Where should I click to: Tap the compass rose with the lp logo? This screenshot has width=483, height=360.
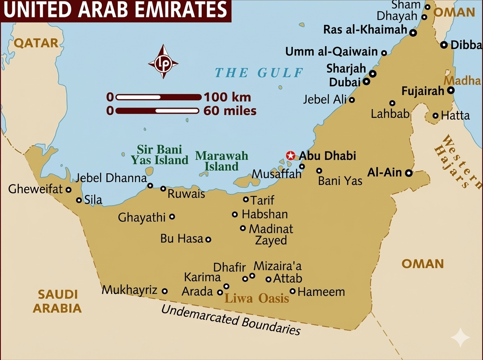[163, 63]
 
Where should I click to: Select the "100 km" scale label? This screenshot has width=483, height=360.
[227, 97]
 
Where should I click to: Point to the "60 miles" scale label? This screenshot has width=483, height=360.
[230, 110]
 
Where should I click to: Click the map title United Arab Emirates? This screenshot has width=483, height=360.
[115, 10]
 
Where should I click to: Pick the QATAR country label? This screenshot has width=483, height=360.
[36, 43]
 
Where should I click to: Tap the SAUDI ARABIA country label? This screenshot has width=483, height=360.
[57, 301]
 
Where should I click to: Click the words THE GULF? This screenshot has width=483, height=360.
[259, 72]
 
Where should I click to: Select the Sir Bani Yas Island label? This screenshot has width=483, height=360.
[159, 155]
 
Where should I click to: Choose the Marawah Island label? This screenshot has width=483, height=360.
[221, 161]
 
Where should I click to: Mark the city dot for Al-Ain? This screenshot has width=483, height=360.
[409, 173]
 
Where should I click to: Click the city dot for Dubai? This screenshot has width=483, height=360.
[367, 81]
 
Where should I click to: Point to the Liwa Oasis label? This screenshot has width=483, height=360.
[256, 298]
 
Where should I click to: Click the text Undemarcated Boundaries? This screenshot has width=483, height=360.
[231, 320]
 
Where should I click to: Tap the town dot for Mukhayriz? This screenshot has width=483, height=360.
[164, 291]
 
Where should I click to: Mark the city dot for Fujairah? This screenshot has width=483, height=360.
[451, 91]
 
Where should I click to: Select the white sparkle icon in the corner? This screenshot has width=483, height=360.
[460, 337]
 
